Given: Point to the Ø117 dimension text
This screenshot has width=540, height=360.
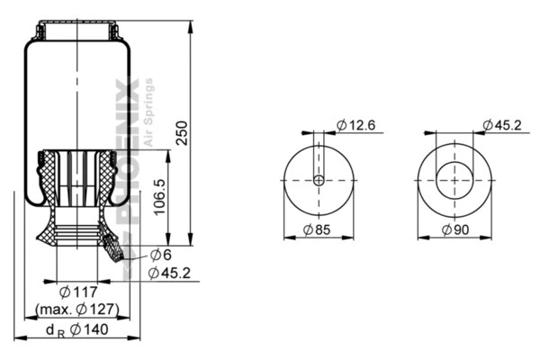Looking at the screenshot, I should (x=77, y=292).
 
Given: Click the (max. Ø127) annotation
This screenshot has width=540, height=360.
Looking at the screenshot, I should (x=77, y=309).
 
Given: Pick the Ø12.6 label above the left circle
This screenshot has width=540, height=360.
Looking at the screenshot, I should (x=355, y=125).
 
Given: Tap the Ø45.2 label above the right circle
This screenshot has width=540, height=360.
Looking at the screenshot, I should (x=500, y=125).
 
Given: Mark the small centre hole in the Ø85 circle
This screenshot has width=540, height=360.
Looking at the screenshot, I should (x=319, y=180).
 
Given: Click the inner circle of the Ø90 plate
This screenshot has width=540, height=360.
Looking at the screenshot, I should (x=454, y=180).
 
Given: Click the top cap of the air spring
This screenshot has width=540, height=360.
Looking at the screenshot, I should (x=78, y=30).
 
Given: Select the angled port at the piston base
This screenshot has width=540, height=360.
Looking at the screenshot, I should (x=112, y=245).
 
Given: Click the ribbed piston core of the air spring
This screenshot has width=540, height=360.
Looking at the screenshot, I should (x=79, y=180).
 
